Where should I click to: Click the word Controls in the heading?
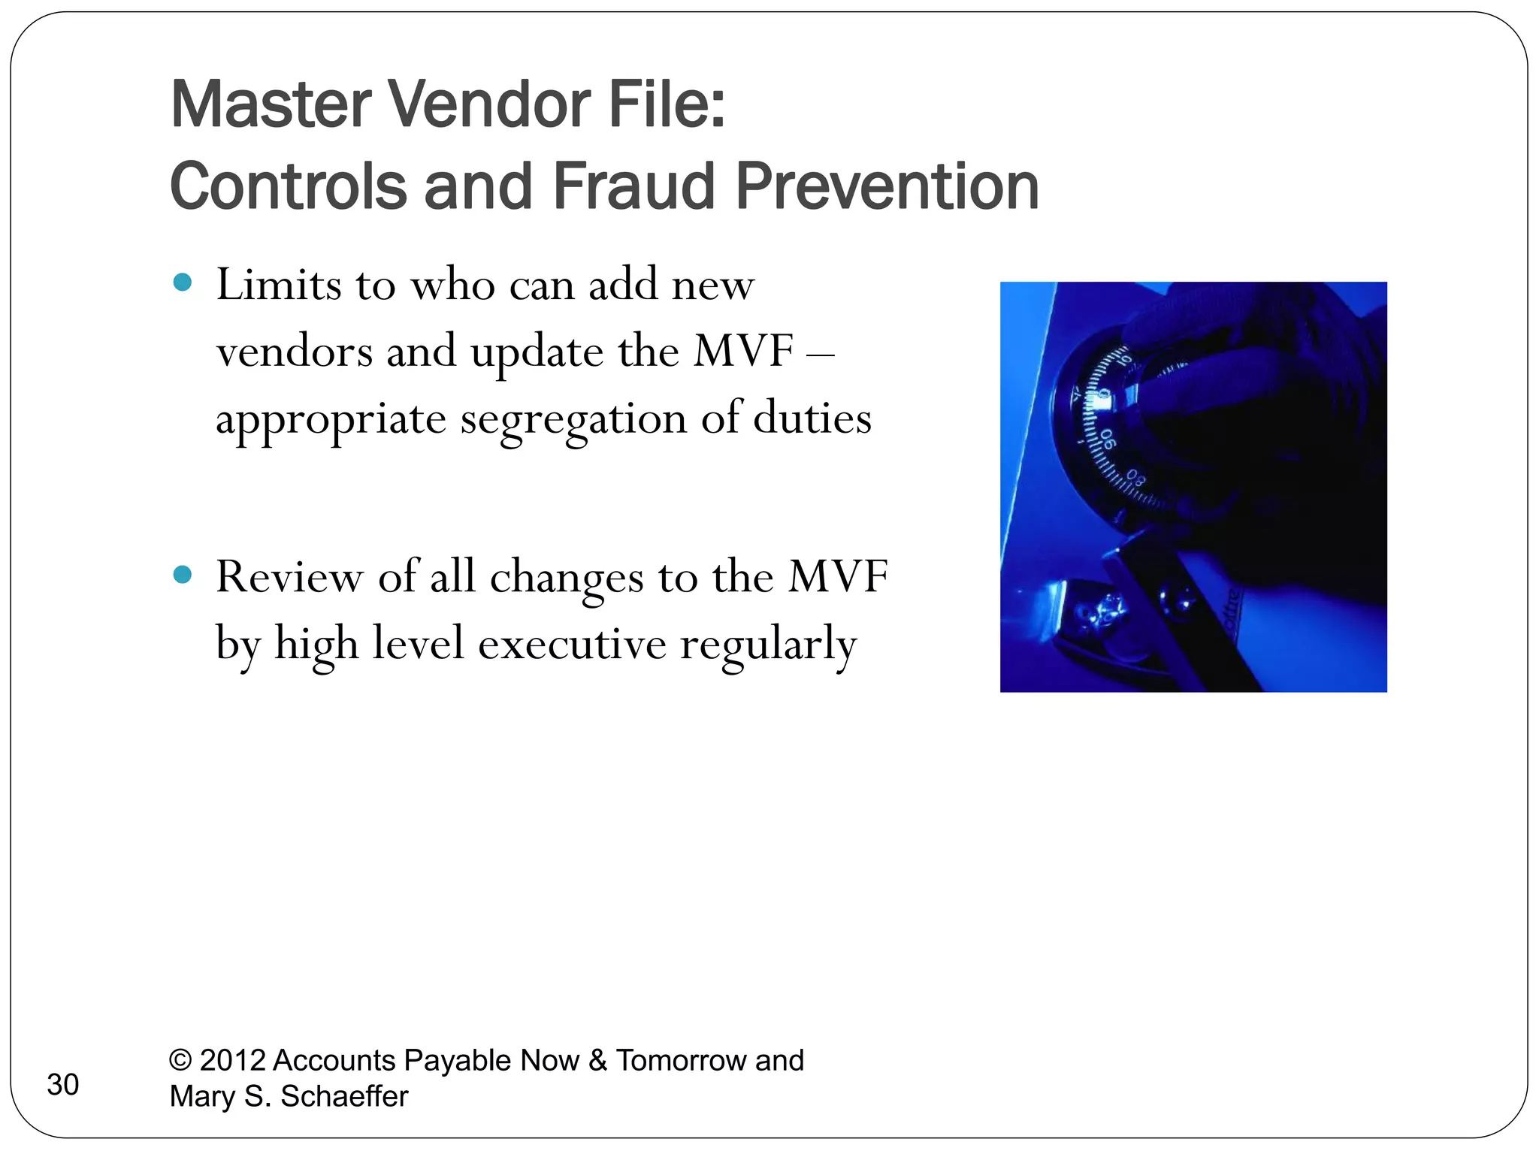(288, 186)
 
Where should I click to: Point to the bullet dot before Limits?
(183, 282)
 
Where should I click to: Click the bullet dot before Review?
(183, 575)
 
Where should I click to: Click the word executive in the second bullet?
(572, 645)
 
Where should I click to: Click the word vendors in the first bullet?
(294, 352)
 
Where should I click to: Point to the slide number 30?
(63, 1085)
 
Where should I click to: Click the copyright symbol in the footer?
(180, 1060)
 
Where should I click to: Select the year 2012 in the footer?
(232, 1060)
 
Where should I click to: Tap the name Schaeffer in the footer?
(344, 1096)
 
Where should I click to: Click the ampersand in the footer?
(597, 1060)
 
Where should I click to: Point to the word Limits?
(279, 285)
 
